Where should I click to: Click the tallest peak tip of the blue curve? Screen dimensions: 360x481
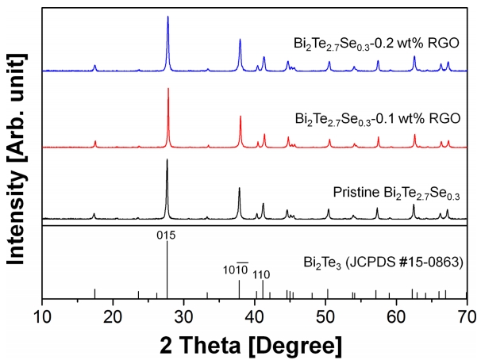tap(167, 17)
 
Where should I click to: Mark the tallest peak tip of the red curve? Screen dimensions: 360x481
tap(168, 88)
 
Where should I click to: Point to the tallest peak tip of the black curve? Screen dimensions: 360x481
tap(167, 160)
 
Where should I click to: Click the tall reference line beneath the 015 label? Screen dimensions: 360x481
tap(167, 270)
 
